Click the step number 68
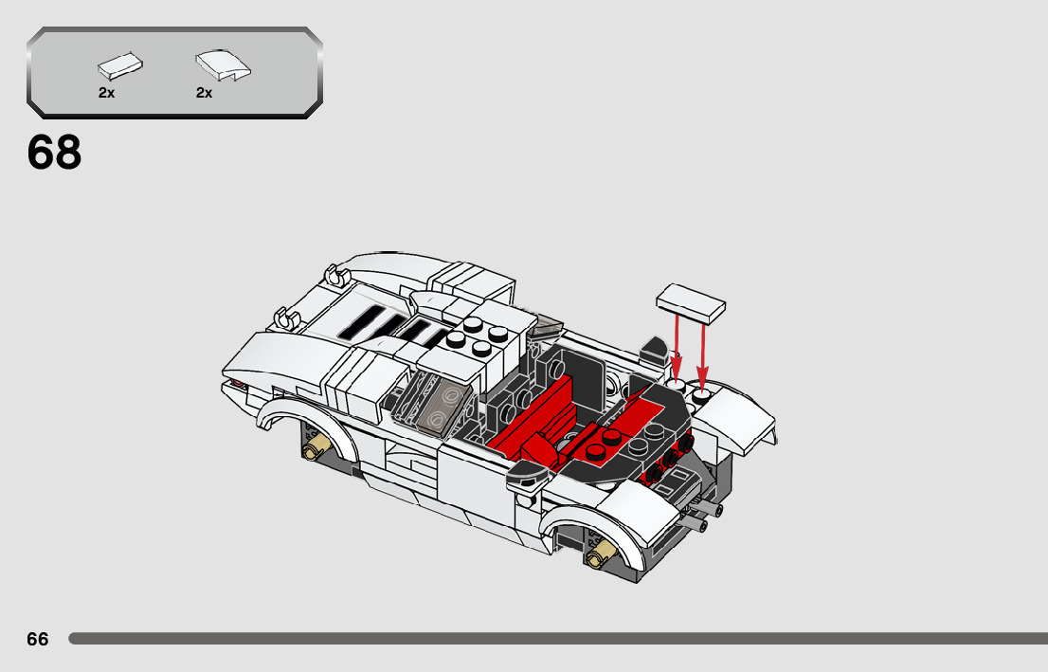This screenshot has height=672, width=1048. coord(55,153)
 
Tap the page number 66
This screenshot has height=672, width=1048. coord(38,640)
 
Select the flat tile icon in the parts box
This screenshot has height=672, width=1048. coord(120,66)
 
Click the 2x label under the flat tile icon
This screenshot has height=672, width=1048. coord(106,93)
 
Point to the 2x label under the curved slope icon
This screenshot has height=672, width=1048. coord(205,93)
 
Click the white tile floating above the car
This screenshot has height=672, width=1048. coord(690,301)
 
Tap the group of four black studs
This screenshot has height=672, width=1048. coord(479,332)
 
